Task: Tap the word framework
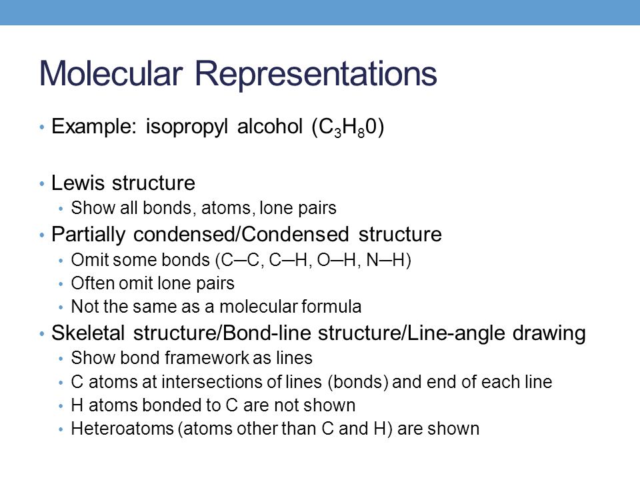[x=187, y=359]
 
